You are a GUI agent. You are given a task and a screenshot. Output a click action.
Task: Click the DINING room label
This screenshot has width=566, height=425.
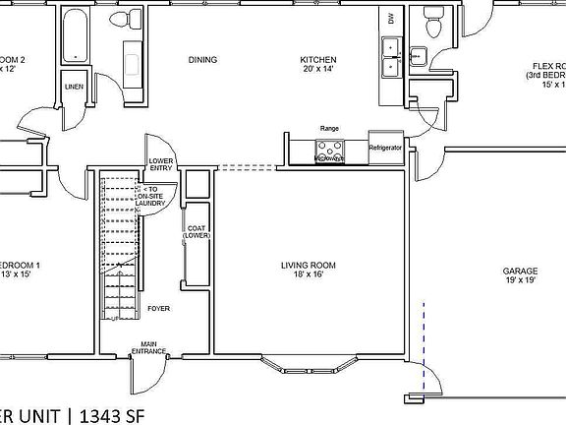click(202, 60)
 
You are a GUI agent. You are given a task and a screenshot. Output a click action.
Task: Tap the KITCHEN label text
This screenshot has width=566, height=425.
click(317, 60)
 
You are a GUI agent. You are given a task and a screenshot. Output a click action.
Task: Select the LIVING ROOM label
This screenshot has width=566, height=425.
click(309, 265)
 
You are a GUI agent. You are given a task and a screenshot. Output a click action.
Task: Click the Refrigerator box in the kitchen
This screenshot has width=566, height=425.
click(385, 147)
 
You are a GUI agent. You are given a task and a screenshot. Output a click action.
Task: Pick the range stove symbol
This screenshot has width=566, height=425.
click(329, 150)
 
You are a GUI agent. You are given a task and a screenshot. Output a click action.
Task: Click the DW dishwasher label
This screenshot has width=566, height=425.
click(391, 19)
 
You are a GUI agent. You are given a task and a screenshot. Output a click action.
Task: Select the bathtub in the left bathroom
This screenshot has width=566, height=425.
click(74, 37)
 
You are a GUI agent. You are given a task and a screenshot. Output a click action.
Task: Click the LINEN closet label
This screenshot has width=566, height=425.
click(74, 88)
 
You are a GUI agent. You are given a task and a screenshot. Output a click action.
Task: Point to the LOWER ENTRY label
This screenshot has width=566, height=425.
click(161, 163)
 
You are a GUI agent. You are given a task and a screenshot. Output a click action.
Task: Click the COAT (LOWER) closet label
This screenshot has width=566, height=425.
click(195, 231)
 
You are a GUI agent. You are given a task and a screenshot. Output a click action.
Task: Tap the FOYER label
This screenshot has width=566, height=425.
click(158, 308)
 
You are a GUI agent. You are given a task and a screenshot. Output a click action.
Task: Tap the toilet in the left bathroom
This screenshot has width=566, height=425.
click(121, 20)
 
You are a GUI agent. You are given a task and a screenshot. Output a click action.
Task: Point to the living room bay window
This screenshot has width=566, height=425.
click(311, 369)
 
